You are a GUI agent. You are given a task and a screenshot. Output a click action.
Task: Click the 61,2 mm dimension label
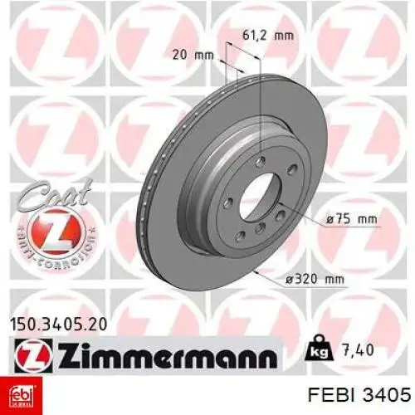click(x=268, y=36)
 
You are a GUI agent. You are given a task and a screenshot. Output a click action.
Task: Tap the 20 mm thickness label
click(x=193, y=55)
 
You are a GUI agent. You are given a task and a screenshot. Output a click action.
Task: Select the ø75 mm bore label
click(x=352, y=219)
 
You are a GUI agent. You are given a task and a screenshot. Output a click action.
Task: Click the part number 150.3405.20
click(x=58, y=325)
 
